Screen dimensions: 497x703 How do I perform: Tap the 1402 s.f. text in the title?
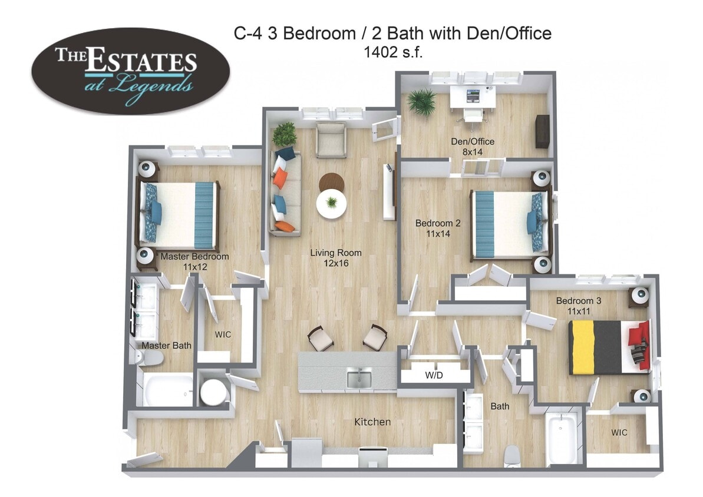click(x=392, y=52)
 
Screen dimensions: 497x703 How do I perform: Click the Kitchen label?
click(x=372, y=422)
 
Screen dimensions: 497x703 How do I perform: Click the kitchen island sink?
click(x=359, y=379)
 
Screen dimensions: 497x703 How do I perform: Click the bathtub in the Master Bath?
click(x=167, y=390)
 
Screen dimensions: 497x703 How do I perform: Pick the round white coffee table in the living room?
click(x=332, y=204)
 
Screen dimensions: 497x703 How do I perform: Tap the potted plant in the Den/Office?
click(x=422, y=101)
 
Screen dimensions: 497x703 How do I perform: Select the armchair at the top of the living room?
click(x=330, y=140)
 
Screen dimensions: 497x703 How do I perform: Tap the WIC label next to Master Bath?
click(x=223, y=334)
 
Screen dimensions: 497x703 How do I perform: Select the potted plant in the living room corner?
click(x=285, y=134)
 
